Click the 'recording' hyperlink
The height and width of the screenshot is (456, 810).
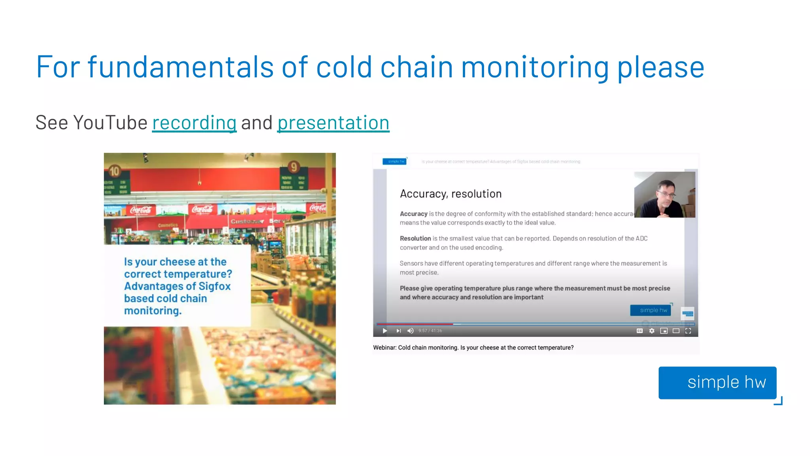tap(194, 123)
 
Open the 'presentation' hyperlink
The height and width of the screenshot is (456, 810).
tap(333, 123)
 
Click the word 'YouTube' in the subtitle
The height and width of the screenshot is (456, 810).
tap(110, 123)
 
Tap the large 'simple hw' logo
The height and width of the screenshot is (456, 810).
tap(717, 382)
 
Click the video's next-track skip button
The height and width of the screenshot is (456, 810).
tap(399, 331)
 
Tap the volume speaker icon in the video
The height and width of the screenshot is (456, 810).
tap(411, 331)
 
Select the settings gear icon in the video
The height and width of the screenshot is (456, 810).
tap(652, 331)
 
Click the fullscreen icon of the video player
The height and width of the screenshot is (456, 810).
tap(688, 331)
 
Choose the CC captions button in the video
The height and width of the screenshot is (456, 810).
tap(640, 331)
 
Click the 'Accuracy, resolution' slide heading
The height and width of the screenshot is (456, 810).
tap(450, 194)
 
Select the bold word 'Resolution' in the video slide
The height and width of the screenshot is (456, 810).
tap(415, 238)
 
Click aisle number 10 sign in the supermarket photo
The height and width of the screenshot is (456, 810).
tap(114, 171)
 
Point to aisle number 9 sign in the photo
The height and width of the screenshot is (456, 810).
tap(293, 167)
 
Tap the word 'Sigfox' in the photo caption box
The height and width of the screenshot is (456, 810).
tap(214, 286)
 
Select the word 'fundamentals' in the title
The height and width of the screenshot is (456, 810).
tap(180, 67)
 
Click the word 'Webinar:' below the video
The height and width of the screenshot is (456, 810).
tap(384, 348)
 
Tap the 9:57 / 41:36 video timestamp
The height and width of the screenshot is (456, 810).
tap(430, 331)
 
